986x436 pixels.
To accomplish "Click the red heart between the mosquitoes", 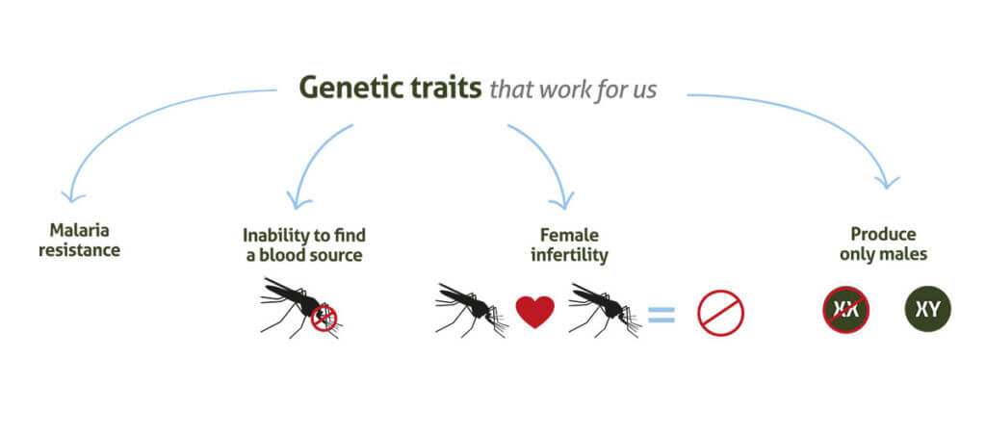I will click(x=535, y=312).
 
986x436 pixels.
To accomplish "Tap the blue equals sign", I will click(x=661, y=314).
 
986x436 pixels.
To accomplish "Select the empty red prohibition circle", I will click(x=720, y=314).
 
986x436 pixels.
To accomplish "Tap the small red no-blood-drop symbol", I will click(x=325, y=317).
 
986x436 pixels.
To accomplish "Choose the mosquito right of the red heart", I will click(x=601, y=306).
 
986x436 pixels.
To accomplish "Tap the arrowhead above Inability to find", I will click(x=298, y=202).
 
